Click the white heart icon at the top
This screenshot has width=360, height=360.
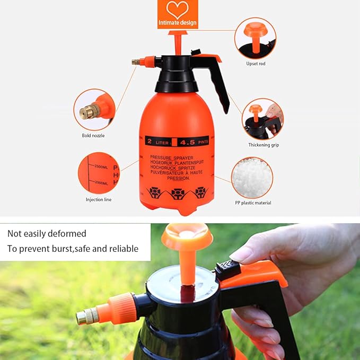point(178,10)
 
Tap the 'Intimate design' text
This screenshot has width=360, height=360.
point(178,23)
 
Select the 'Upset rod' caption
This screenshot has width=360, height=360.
point(256,64)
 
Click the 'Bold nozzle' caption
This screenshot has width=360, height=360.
point(93,135)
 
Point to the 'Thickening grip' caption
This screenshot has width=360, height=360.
point(264,145)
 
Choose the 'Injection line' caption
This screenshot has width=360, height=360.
point(99,199)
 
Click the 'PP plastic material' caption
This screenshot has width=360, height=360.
point(253,203)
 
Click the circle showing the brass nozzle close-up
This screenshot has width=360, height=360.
point(94,110)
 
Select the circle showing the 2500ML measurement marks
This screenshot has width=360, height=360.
point(99,173)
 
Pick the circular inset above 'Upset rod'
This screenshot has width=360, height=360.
point(255,38)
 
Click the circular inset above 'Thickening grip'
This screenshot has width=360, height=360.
point(262,119)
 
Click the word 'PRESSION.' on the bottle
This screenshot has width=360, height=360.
point(178,179)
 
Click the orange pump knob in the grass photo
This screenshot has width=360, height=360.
point(187,237)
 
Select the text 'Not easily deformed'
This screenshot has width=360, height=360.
point(47,234)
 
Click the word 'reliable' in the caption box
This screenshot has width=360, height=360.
point(123,249)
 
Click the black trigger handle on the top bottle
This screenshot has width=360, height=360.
point(217,80)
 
